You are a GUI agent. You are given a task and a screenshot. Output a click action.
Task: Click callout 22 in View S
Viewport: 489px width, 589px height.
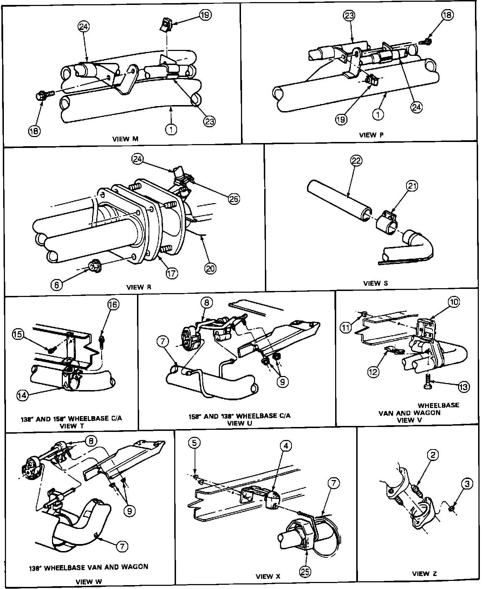pos(356,160)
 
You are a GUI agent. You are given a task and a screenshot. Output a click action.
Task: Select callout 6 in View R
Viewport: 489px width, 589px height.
pos(57,285)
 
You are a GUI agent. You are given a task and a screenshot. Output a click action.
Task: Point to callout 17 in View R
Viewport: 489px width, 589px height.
pos(172,273)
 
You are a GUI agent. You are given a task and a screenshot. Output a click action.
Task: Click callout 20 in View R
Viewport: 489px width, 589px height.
pos(210,269)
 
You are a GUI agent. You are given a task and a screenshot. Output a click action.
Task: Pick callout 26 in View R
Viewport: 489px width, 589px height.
pos(234,199)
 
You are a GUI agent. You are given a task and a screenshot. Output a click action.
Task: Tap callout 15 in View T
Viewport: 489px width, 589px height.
pos(18,334)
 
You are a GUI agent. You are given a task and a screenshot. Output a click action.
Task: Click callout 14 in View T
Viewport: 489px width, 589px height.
pos(22,395)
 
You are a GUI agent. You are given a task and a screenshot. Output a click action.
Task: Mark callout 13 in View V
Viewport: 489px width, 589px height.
pos(463,387)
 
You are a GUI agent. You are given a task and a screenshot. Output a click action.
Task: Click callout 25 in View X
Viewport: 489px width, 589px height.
pos(305,572)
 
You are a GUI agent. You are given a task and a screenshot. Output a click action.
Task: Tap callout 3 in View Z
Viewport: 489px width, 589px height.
pos(467,484)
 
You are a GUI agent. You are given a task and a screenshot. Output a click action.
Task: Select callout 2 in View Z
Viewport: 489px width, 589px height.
pos(433,455)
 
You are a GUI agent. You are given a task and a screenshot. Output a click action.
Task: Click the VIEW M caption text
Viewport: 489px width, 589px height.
pos(125,139)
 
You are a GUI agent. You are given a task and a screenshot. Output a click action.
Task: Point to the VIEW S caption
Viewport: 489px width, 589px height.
pos(376,283)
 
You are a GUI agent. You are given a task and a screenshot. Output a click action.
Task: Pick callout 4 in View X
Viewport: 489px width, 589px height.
pos(286,446)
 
